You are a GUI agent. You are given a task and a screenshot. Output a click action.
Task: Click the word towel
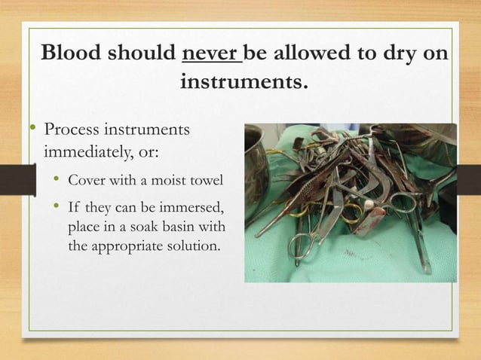205,181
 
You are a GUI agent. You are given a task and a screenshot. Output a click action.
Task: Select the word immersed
193,207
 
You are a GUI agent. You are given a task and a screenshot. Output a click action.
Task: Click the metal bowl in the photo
256,154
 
